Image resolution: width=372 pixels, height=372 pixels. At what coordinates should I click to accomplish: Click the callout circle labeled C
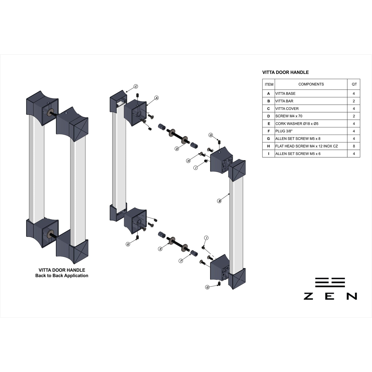(136, 86)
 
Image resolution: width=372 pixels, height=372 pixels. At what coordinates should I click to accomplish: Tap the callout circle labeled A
(157, 98)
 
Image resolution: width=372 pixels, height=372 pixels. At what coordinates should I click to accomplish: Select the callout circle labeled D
(177, 149)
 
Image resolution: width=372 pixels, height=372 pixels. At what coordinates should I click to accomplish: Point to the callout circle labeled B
(219, 201)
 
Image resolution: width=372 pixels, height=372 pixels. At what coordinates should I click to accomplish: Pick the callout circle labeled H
(188, 161)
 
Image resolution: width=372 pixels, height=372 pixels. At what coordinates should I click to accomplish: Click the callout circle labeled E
(160, 249)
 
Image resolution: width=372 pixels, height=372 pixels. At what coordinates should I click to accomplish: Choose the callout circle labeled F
(181, 261)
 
